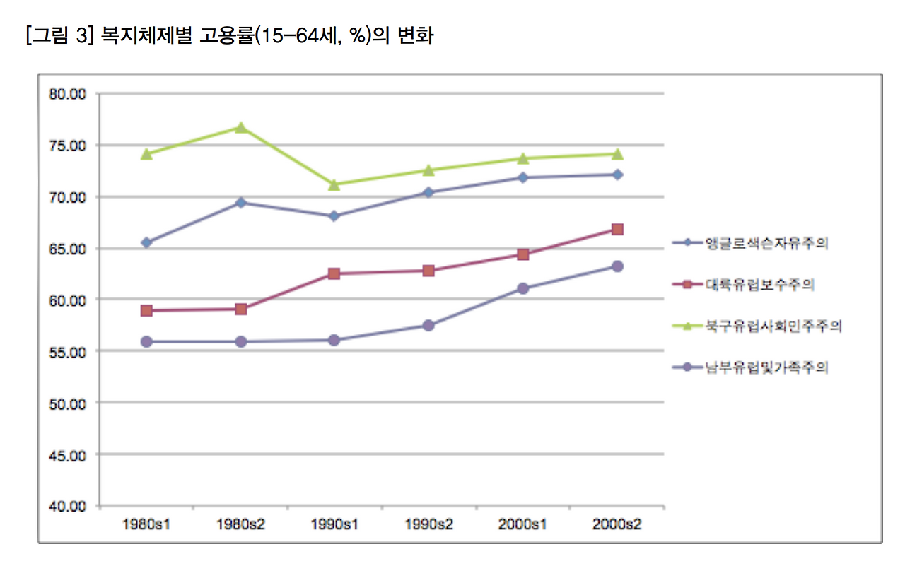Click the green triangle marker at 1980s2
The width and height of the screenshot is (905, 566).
(241, 127)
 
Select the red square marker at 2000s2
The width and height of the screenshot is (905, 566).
(617, 229)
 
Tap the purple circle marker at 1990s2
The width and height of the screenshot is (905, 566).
(428, 325)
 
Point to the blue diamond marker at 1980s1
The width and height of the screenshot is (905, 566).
(147, 242)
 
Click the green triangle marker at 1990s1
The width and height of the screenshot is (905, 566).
(334, 184)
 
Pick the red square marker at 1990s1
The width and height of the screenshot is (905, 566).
(334, 273)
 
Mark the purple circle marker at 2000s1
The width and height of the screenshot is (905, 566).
(523, 288)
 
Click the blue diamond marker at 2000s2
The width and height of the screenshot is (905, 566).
(617, 175)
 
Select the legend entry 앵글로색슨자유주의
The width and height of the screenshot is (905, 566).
(766, 244)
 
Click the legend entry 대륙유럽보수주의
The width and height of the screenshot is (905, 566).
(759, 285)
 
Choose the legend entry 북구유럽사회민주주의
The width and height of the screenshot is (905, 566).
(773, 326)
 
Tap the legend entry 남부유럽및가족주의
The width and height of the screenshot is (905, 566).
(766, 367)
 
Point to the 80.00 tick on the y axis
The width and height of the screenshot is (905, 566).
(68, 94)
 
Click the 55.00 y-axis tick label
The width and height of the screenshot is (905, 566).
(68, 352)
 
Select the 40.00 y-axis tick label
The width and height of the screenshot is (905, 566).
(68, 507)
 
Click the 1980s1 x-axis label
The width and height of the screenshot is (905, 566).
(147, 525)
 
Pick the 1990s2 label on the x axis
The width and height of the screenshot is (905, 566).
(428, 525)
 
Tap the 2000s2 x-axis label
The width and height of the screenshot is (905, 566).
(617, 525)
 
